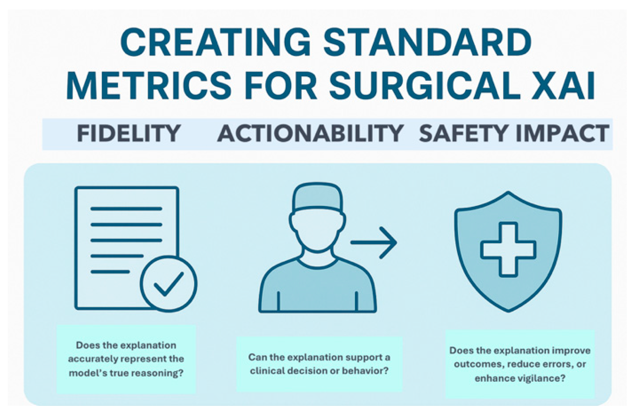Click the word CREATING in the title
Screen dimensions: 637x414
(215, 42)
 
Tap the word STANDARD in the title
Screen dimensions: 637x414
(427, 42)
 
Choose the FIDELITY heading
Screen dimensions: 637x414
(129, 133)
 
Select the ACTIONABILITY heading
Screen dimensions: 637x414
(310, 133)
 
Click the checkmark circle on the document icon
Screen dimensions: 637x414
(168, 283)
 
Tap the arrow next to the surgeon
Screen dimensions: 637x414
(374, 242)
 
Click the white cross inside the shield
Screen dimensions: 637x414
(508, 250)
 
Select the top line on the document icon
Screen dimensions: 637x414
(126, 209)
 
